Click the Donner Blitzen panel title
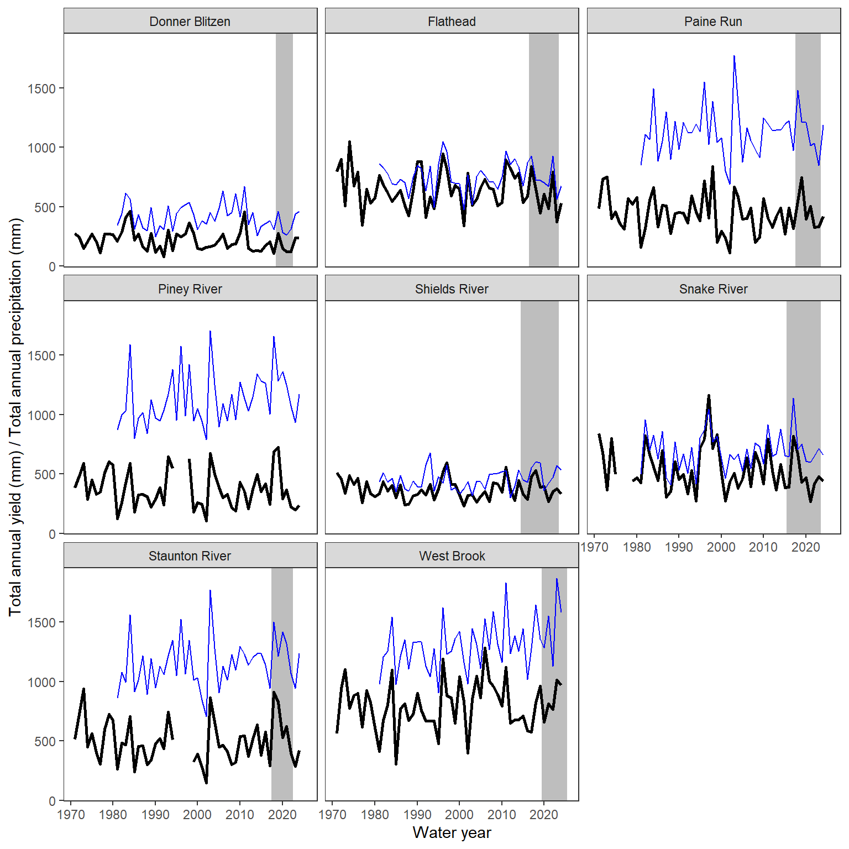(x=190, y=22)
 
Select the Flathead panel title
(x=452, y=22)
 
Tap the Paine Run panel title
(x=713, y=22)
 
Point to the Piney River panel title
(x=190, y=289)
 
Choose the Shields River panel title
(x=452, y=289)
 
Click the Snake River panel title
(x=713, y=289)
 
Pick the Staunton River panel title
(x=190, y=556)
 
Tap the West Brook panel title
(x=452, y=556)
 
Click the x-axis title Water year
(x=452, y=832)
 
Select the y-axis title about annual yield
(x=15, y=417)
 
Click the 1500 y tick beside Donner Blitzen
(x=41, y=88)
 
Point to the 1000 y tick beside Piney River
(x=41, y=415)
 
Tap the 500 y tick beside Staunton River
(x=45, y=742)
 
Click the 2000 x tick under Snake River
(x=721, y=547)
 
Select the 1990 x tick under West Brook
(x=417, y=815)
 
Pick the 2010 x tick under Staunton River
(x=240, y=815)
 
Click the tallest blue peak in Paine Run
(x=734, y=56)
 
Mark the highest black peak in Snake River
(x=709, y=396)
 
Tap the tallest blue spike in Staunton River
(x=210, y=590)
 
